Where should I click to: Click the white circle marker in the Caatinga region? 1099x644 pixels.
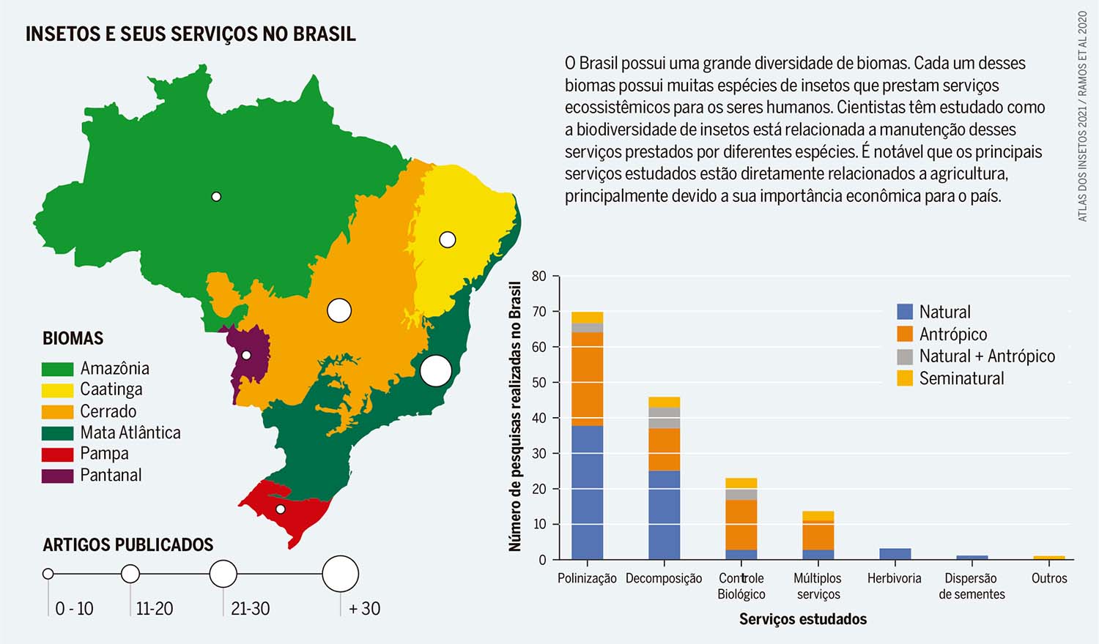[x=447, y=239]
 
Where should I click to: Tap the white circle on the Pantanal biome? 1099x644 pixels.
[x=246, y=355]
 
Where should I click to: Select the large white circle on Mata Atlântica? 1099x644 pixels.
[x=435, y=370]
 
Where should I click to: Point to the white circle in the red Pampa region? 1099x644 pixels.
[x=280, y=509]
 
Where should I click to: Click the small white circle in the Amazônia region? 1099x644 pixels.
[x=216, y=196]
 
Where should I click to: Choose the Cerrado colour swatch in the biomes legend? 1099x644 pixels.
[x=57, y=411]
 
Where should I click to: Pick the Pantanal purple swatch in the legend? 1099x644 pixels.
[x=57, y=476]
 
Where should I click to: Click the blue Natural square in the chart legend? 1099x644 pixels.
[x=905, y=312]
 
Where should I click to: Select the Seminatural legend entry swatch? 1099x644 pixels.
[x=905, y=378]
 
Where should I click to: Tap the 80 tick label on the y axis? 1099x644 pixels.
[x=539, y=276]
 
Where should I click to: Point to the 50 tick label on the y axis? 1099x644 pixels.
[x=539, y=383]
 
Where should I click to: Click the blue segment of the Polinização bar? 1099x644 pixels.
[x=587, y=493]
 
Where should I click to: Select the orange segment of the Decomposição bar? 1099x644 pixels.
[x=664, y=449]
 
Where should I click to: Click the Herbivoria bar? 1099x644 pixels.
[x=895, y=554]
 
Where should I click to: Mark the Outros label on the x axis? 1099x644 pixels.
[x=1049, y=578]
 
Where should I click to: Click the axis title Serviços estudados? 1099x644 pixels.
[x=802, y=619]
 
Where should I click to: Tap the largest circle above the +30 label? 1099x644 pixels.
[x=341, y=574]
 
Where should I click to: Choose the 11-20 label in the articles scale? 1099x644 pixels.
[x=154, y=608]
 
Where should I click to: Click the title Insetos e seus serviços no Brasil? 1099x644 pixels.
[x=190, y=34]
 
